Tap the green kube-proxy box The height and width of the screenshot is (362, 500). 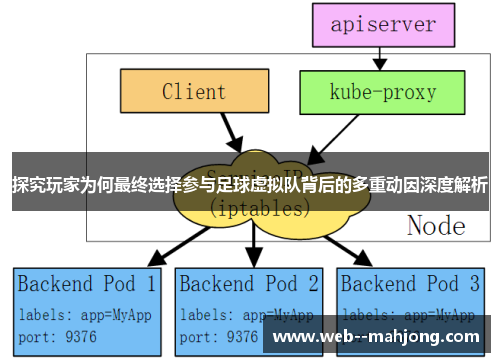tap(383, 92)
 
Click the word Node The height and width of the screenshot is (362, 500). tap(436, 226)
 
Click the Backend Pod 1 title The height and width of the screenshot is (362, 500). tap(87, 283)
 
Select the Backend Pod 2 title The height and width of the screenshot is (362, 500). tap(250, 283)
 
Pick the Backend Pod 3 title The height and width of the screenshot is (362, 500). tap(413, 283)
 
